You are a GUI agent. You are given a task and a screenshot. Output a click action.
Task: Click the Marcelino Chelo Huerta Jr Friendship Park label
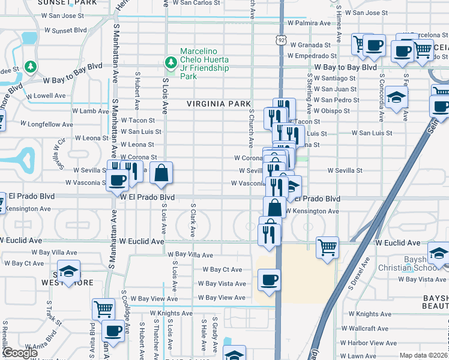click(205, 64)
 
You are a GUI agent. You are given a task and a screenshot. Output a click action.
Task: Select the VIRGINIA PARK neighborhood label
click(218, 104)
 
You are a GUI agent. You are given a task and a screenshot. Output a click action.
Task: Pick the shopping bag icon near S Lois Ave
click(161, 174)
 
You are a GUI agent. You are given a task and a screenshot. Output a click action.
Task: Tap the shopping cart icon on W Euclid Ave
click(328, 247)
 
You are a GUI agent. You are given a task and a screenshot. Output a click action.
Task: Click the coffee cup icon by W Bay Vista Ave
click(268, 280)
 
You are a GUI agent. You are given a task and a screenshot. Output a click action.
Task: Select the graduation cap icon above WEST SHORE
click(69, 271)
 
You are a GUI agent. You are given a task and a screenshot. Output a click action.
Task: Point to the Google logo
click(20, 353)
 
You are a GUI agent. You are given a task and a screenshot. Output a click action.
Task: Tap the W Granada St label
click(310, 45)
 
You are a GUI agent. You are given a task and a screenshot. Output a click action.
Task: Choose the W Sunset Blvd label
click(65, 29)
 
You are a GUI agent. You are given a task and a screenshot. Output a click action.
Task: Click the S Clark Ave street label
click(193, 218)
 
